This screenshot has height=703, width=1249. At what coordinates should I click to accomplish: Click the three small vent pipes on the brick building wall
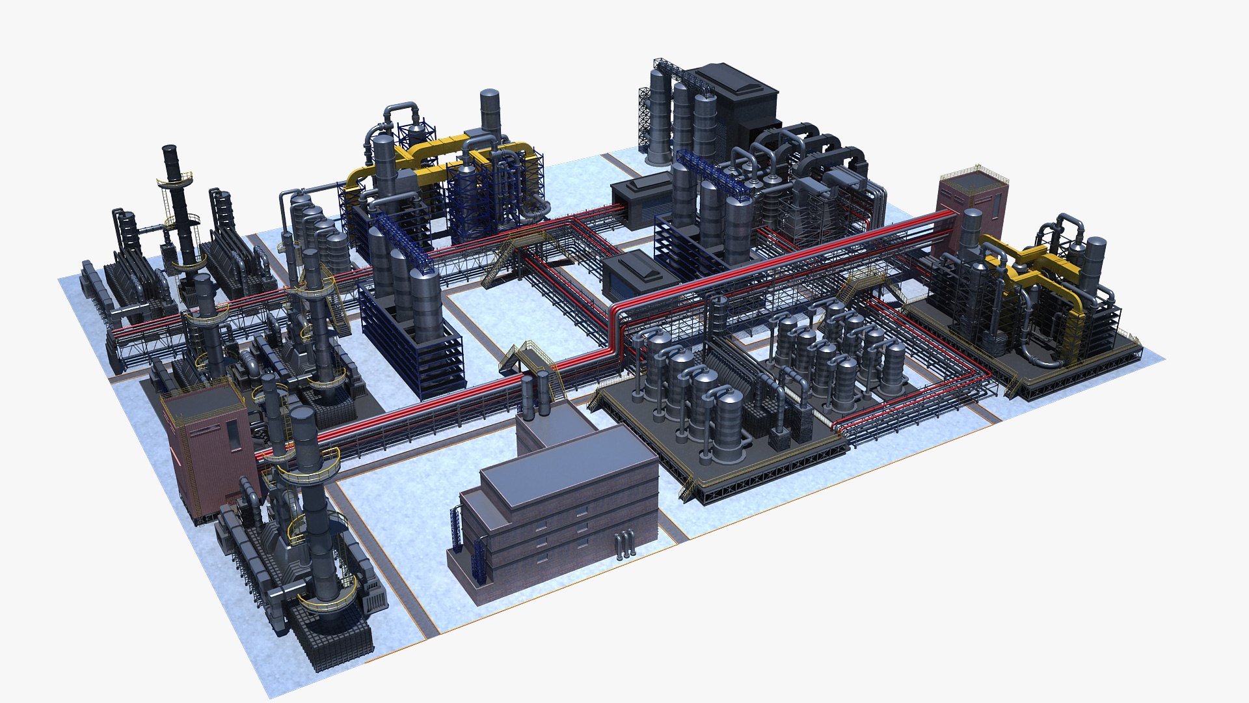click(624, 544)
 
